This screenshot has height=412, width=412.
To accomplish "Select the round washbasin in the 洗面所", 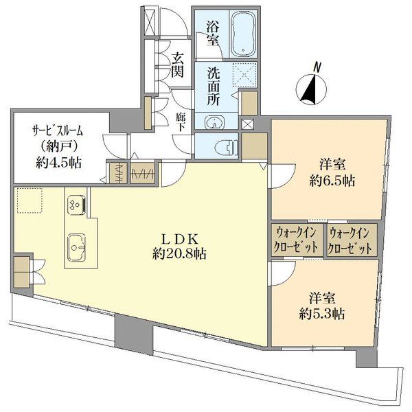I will [x=215, y=123].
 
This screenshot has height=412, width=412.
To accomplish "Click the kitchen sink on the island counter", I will [x=76, y=243].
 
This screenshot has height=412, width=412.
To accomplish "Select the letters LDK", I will [x=179, y=238].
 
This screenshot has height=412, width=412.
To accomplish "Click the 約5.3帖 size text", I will [x=321, y=313].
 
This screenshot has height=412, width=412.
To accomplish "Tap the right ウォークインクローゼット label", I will [x=352, y=239].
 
